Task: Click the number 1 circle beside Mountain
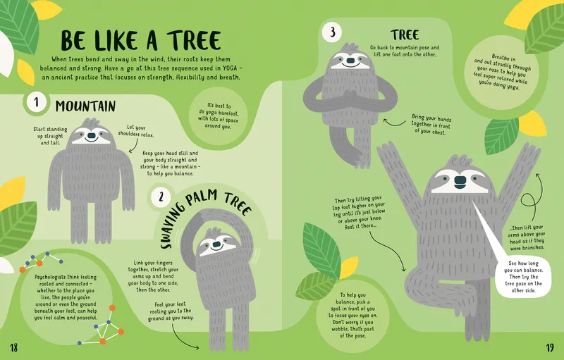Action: tap(36, 103)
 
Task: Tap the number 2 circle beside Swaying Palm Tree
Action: tap(161, 197)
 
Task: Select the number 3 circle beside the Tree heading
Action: tap(332, 32)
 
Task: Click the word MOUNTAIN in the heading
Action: tap(85, 106)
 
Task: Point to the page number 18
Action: tap(13, 347)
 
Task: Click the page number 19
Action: tap(550, 347)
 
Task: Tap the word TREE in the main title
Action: tap(194, 40)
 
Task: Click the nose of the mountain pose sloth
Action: tap(92, 136)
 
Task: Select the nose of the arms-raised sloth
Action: tap(460, 182)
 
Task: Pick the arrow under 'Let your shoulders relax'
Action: tap(135, 146)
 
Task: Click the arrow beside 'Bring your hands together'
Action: tap(394, 123)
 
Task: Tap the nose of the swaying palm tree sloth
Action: tap(216, 244)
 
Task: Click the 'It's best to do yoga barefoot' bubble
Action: tap(218, 116)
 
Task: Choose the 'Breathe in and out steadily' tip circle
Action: tap(501, 73)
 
